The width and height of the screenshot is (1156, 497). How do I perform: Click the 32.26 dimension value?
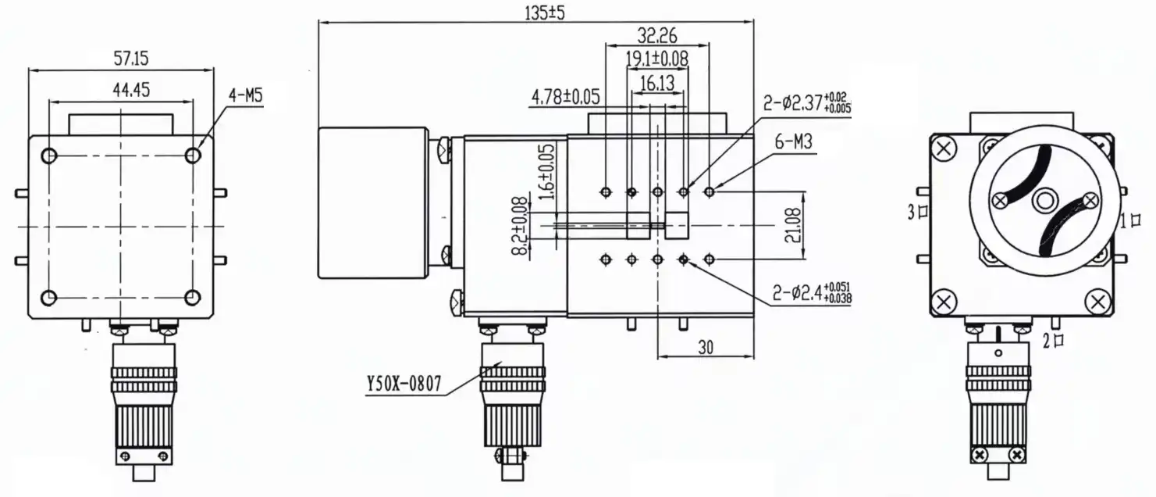[656, 35]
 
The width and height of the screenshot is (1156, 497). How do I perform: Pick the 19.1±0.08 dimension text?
[656, 58]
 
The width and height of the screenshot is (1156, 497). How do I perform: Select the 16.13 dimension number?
[657, 82]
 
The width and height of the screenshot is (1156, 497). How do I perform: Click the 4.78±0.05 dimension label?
[565, 97]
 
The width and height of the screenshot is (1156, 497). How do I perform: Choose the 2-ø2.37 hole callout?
[807, 104]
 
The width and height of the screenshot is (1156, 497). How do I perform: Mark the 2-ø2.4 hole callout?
[809, 293]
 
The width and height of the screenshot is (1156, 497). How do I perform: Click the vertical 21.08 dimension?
[796, 225]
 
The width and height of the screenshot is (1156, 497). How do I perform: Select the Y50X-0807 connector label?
[404, 384]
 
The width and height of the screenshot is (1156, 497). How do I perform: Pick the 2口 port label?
[1053, 340]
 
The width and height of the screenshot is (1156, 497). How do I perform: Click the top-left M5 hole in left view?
[49, 156]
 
